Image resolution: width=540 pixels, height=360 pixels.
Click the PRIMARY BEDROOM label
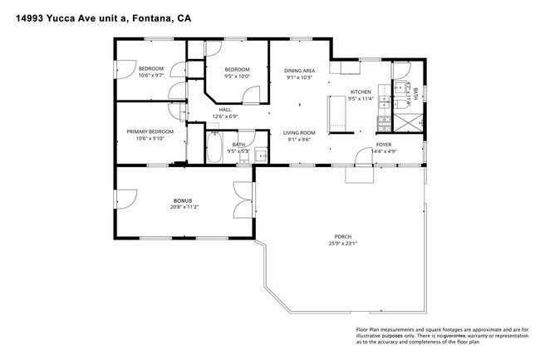coord(150,131)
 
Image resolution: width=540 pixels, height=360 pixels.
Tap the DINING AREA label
coord(299,71)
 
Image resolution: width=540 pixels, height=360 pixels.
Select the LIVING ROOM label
coord(298,132)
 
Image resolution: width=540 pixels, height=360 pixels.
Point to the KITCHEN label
coord(360,91)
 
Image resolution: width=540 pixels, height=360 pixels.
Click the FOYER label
coord(383,144)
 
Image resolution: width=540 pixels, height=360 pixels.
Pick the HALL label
coord(224,109)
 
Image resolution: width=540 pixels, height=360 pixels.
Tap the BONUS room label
coord(182,200)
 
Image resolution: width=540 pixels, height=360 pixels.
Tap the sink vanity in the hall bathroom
coord(260,155)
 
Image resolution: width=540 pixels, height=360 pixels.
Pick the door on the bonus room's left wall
coord(124,200)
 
